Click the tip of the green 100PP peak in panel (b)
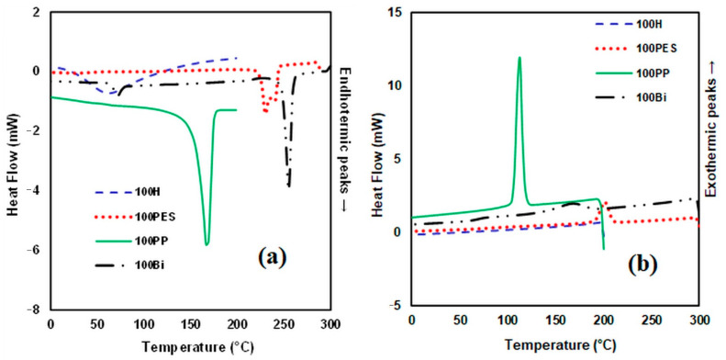(x=519, y=57)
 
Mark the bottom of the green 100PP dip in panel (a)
(x=207, y=244)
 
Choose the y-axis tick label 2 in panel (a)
(x=36, y=13)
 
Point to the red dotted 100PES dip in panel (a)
(x=265, y=109)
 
